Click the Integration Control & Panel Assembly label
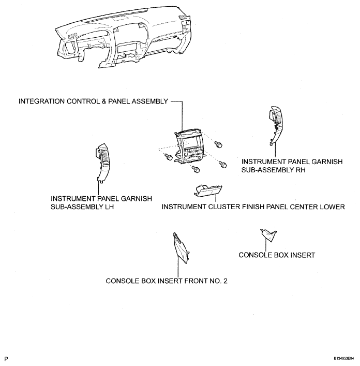point(93,101)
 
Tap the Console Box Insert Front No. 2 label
point(167,281)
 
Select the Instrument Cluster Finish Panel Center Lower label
point(253,207)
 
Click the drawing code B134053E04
point(343,358)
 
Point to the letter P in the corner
point(6,359)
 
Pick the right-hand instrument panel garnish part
point(276,125)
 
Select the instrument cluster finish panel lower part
point(208,191)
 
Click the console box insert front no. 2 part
point(181,247)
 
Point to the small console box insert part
point(268,235)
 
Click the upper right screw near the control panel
point(218,144)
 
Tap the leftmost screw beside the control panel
point(168,157)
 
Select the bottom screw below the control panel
point(196,169)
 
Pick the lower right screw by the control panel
point(222,165)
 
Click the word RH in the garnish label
point(301,170)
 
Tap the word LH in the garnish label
point(109,207)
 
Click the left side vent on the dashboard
point(72,36)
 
